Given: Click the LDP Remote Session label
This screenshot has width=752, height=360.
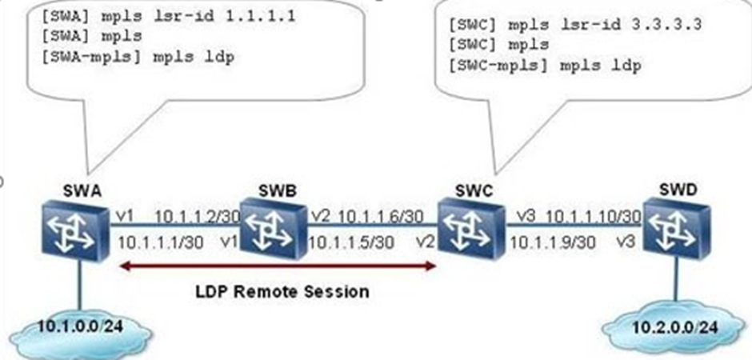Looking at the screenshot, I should [x=282, y=291].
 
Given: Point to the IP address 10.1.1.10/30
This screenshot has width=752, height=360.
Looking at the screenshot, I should [x=597, y=217].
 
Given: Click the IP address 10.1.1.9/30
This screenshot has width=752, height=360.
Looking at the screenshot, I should [x=552, y=241].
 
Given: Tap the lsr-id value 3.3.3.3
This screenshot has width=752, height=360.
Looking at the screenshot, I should [x=672, y=25].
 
